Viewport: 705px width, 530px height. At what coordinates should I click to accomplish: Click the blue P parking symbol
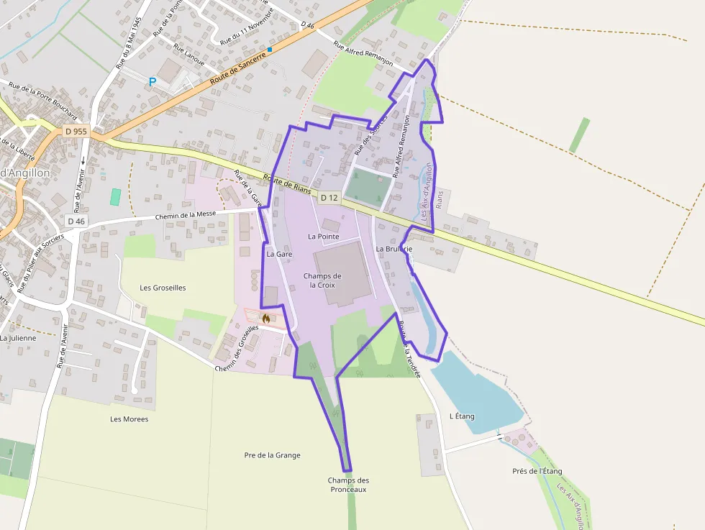pyautogui.click(x=152, y=82)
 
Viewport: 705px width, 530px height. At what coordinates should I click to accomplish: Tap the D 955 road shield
pyautogui.click(x=76, y=131)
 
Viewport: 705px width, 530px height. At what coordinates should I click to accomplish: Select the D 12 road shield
pyautogui.click(x=329, y=197)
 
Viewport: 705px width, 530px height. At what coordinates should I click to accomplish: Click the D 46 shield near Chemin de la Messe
pyautogui.click(x=76, y=221)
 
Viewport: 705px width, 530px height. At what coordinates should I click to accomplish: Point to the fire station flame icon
pyautogui.click(x=266, y=317)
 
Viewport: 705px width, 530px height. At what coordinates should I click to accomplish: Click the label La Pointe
pyautogui.click(x=323, y=236)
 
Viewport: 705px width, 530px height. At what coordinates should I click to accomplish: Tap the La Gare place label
pyautogui.click(x=278, y=254)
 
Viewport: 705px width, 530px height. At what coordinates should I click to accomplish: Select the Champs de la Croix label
pyautogui.click(x=322, y=280)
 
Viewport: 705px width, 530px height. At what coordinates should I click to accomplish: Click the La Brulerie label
pyautogui.click(x=393, y=248)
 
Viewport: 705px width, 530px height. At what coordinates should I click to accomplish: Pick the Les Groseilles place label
pyautogui.click(x=163, y=288)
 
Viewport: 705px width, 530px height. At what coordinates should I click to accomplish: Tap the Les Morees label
pyautogui.click(x=129, y=419)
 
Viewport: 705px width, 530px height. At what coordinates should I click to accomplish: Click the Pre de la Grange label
pyautogui.click(x=272, y=455)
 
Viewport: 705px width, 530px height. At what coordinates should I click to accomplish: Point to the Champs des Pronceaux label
pyautogui.click(x=348, y=485)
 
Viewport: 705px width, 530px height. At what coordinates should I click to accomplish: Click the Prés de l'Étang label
pyautogui.click(x=537, y=471)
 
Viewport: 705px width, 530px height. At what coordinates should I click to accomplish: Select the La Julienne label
pyautogui.click(x=18, y=337)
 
